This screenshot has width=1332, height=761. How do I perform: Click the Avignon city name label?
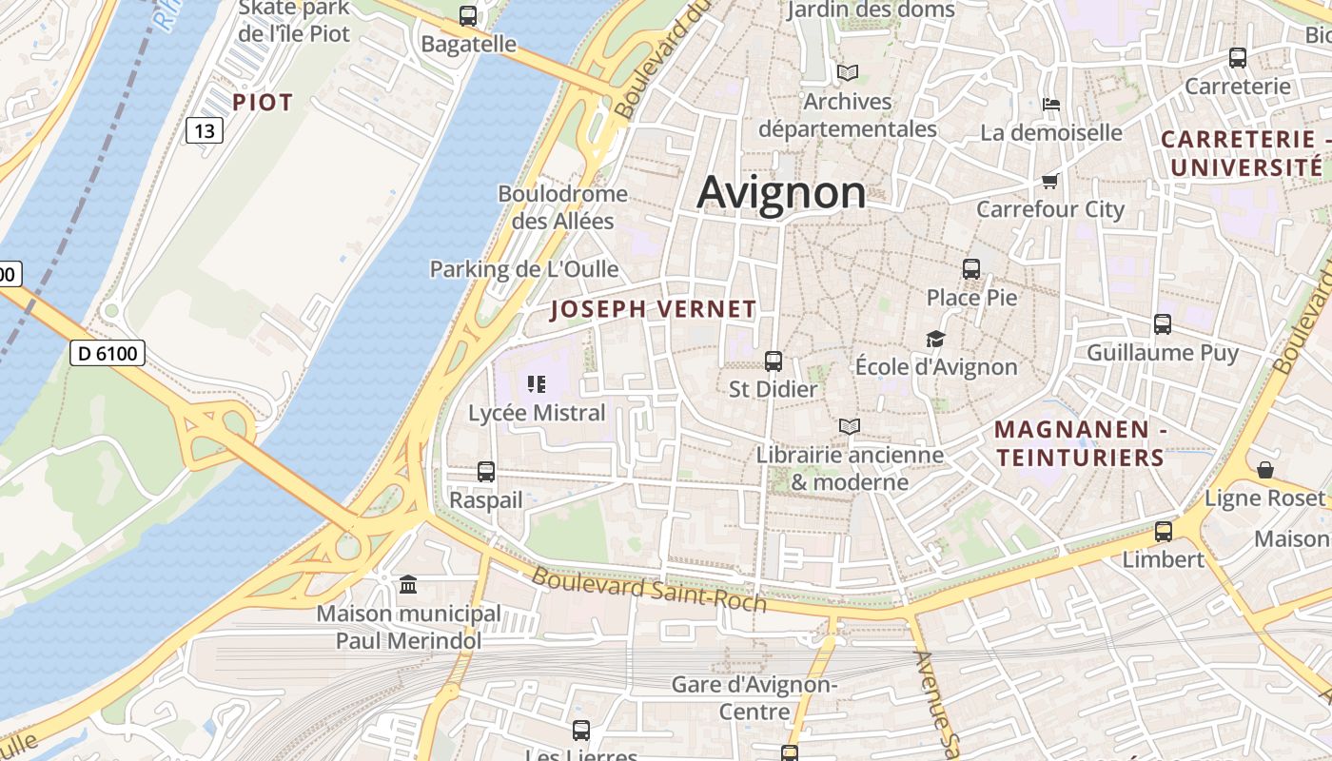tap(781, 193)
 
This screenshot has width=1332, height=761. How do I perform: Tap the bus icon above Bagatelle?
tap(467, 15)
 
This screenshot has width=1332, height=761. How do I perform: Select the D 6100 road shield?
tap(107, 354)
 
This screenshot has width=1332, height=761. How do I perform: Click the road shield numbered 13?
tap(204, 130)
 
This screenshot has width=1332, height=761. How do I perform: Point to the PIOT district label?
tap(263, 103)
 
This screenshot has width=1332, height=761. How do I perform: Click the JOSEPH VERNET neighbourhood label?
tap(654, 309)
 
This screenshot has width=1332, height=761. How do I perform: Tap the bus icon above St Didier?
tap(774, 361)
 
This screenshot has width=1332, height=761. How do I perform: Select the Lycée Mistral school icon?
tap(537, 384)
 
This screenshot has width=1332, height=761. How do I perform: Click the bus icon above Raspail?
tap(486, 471)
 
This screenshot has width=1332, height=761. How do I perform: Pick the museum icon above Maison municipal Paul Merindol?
tap(408, 584)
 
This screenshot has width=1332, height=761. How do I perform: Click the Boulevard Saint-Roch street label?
tap(649, 589)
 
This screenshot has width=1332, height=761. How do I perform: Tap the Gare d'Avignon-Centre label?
tap(754, 697)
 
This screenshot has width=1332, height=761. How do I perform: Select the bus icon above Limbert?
tap(1163, 531)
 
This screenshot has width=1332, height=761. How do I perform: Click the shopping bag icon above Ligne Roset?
tap(1264, 470)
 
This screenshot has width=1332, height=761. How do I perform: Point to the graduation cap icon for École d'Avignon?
tap(935, 339)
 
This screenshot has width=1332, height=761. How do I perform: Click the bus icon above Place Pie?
tap(971, 269)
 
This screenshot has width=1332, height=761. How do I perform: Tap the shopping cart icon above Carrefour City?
tap(1050, 181)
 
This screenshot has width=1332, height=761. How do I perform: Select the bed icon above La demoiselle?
tap(1051, 104)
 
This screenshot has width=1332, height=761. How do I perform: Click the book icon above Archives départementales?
tap(848, 72)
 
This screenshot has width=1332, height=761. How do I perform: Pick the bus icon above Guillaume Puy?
tap(1163, 324)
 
